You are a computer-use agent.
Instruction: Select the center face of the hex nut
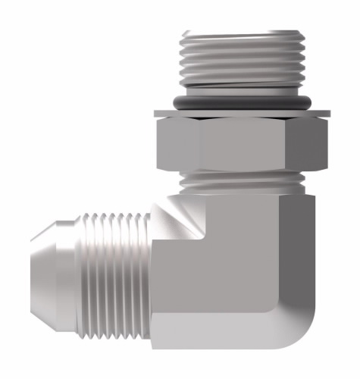(x=241, y=144)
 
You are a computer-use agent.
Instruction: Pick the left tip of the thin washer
(x=157, y=114)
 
